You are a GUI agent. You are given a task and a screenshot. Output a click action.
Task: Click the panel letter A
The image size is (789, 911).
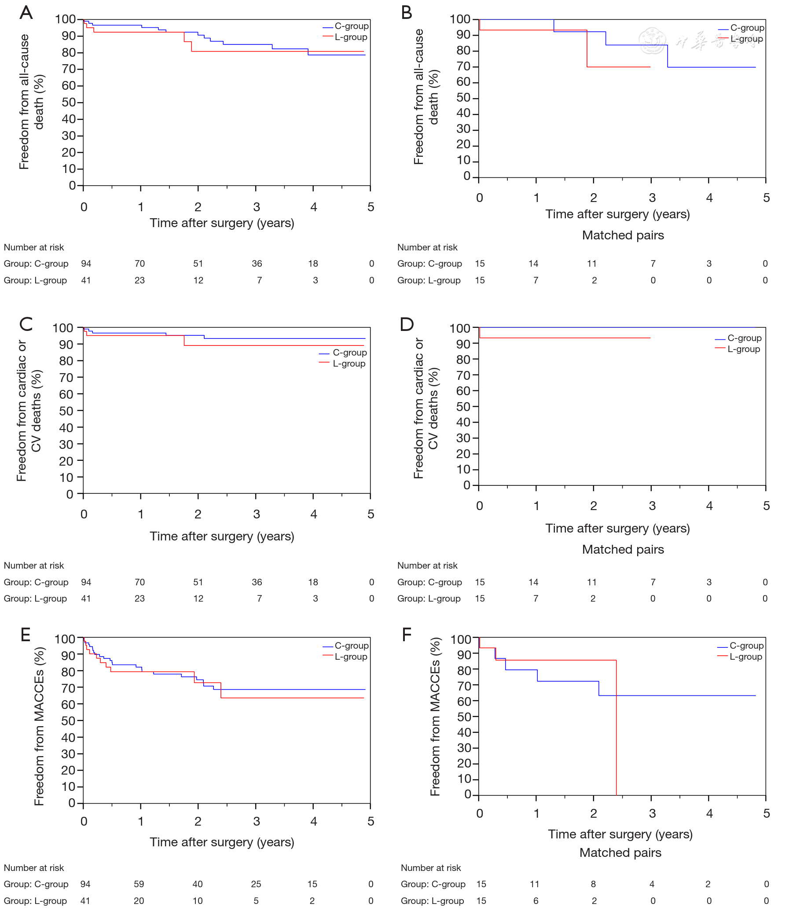pos(26,13)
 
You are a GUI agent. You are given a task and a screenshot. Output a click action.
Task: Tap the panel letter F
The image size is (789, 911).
pos(407,635)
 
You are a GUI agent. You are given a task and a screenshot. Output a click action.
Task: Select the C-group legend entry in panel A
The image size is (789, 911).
pos(346,26)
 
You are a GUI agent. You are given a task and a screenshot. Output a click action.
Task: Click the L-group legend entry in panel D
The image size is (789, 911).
pos(738,349)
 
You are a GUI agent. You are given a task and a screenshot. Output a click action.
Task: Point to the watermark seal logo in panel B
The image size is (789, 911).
pos(652,40)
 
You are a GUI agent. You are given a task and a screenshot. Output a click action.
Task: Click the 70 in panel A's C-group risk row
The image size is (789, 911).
pos(139,264)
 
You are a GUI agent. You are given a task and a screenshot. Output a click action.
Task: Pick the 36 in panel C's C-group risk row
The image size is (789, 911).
pos(257,582)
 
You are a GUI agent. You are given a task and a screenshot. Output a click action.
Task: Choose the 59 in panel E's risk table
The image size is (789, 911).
pos(139,884)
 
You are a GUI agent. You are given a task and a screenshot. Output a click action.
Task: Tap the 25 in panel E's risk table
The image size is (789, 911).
pos(256,884)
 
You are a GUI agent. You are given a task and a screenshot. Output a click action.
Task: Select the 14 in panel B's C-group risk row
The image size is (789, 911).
pos(534,264)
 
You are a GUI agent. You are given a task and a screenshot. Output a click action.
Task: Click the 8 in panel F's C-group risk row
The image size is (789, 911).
pos(594,884)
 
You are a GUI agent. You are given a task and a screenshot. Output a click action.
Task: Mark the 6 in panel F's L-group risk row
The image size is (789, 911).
pos(536,901)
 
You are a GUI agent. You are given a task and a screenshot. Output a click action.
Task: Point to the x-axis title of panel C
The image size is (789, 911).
pos(222,536)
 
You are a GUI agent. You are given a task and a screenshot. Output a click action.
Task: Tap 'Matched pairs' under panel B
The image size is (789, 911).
pos(623,235)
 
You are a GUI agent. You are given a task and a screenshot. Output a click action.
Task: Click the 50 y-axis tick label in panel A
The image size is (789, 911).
pos(69,103)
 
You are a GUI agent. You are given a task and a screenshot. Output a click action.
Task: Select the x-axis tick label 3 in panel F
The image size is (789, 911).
pos(652,813)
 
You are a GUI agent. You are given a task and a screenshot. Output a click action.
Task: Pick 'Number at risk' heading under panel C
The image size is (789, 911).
pos(34,566)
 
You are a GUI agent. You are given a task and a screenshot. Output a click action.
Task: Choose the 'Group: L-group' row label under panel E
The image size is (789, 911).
pos(35,901)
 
